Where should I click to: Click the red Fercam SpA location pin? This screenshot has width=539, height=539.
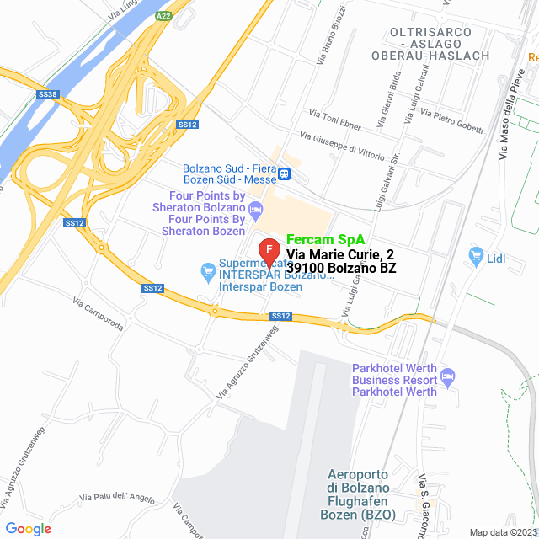point(268,251)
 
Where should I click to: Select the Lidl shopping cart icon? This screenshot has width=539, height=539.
point(478,254)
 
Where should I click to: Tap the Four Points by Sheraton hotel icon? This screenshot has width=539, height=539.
point(256,207)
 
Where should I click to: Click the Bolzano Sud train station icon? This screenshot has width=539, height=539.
point(286,173)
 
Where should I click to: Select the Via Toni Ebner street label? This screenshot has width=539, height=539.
point(335,120)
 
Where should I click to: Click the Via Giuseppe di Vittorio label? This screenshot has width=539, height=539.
point(346,145)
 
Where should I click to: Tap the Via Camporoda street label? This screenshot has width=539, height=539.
point(99,313)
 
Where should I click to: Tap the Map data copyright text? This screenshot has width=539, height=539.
point(502,531)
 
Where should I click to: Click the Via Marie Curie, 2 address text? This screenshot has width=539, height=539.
point(339,253)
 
